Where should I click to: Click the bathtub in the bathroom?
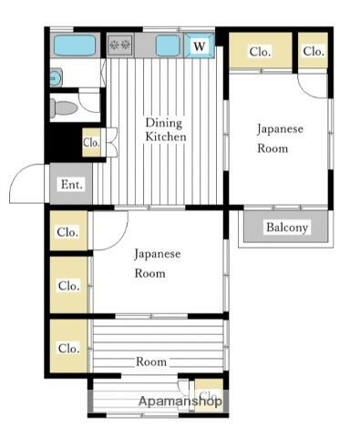coord(74,45)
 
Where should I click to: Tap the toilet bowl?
coord(65,108)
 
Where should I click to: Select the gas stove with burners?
coord(120,44)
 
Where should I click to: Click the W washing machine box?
coord(200,45)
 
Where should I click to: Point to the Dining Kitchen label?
coord(165,129)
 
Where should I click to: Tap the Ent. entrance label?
coord(71,185)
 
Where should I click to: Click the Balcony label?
coord(287,228)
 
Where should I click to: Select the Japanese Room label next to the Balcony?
coord(279,137)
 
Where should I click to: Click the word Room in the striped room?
coord(151,361)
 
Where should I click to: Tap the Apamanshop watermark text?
coord(180,401)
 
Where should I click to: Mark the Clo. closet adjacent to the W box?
coord(259,52)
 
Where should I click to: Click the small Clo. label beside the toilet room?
coord(91,143)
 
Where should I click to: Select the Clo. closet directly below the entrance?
coord(67,232)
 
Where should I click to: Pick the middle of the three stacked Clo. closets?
coord(68,285)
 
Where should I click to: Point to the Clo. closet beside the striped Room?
coord(68,348)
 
